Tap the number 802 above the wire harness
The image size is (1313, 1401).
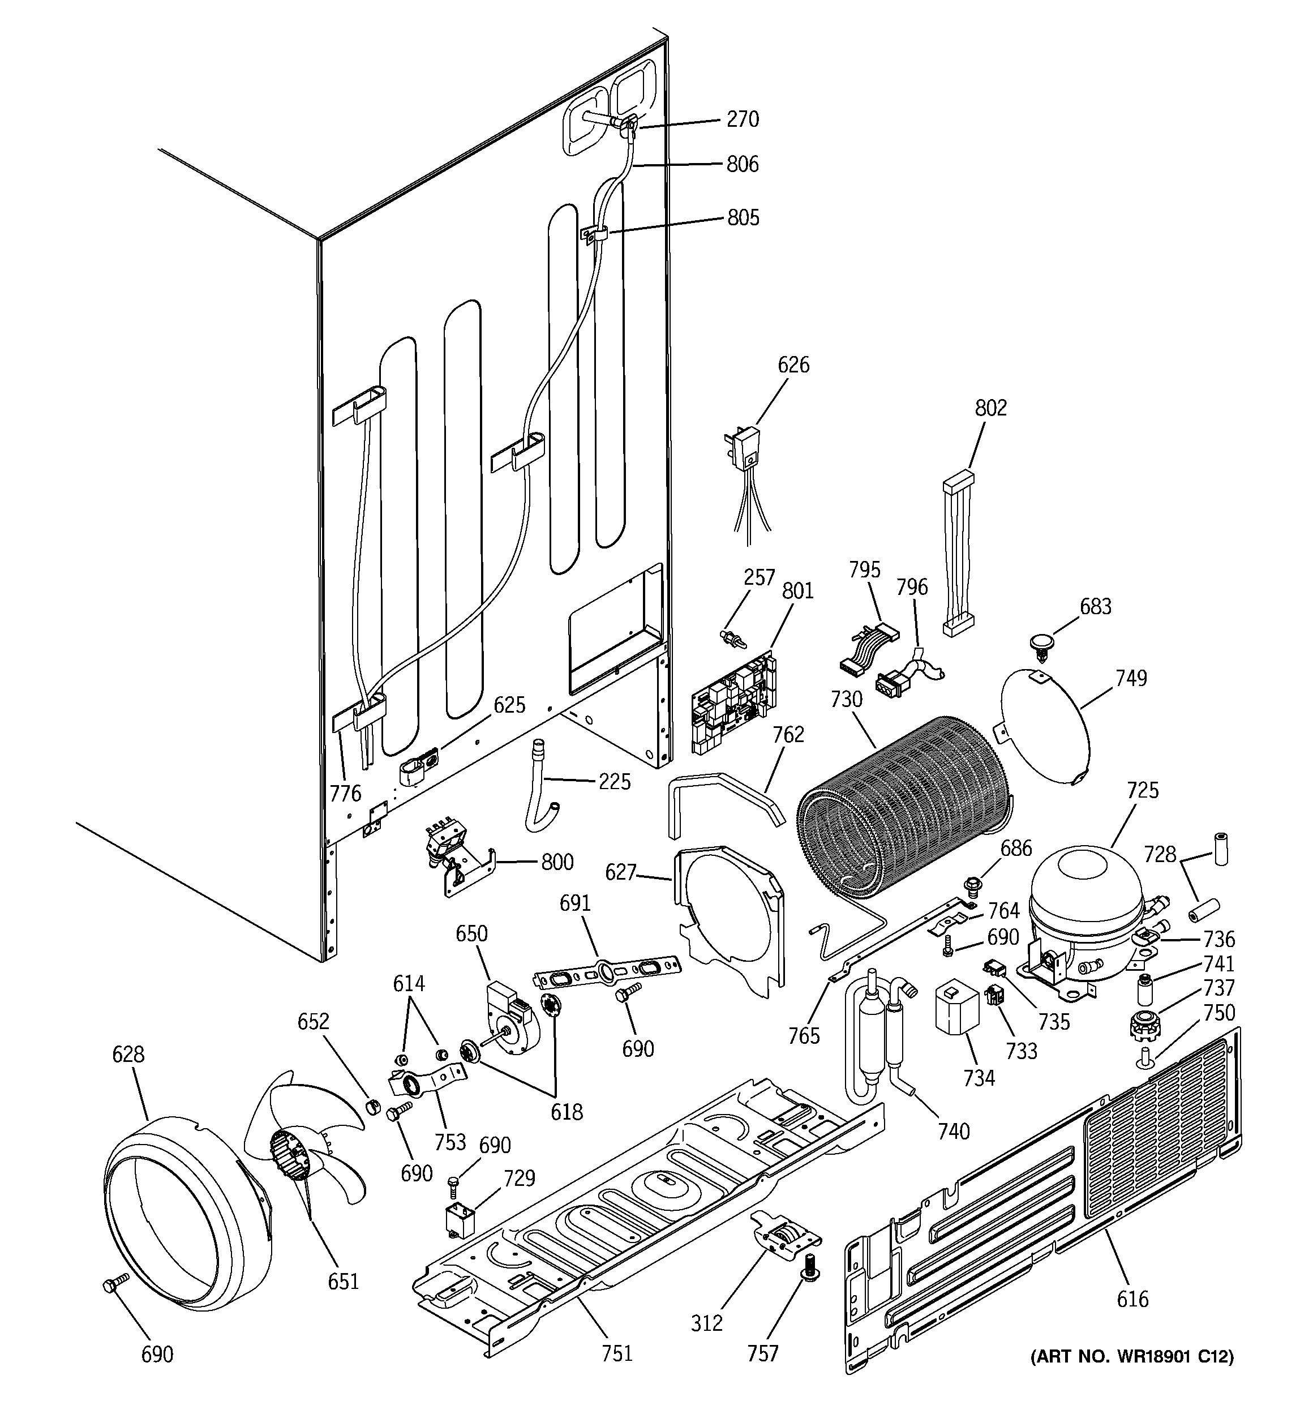point(990,408)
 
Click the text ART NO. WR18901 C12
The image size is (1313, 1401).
point(1132,1357)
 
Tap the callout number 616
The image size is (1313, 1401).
point(1132,1298)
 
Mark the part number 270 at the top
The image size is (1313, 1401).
point(743,119)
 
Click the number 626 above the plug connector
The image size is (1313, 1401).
point(793,365)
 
